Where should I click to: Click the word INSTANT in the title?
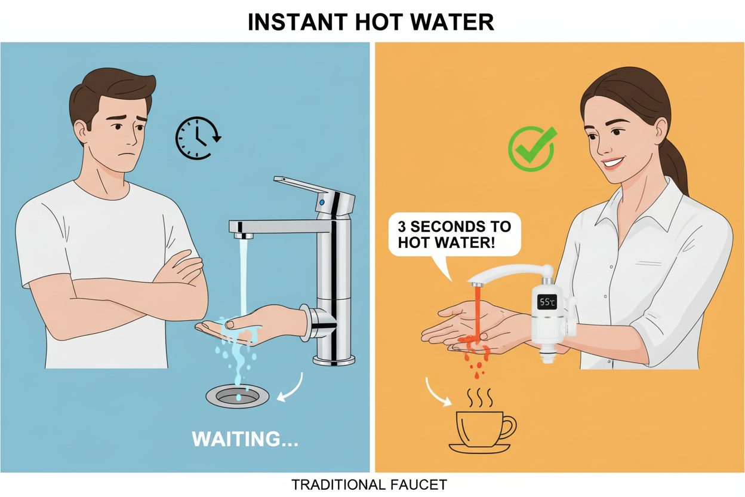coord(293,22)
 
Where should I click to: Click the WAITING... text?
coord(245,439)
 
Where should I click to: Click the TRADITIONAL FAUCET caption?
coord(369,484)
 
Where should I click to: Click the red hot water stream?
coord(478,311)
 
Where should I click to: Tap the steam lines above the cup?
coord(481,397)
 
